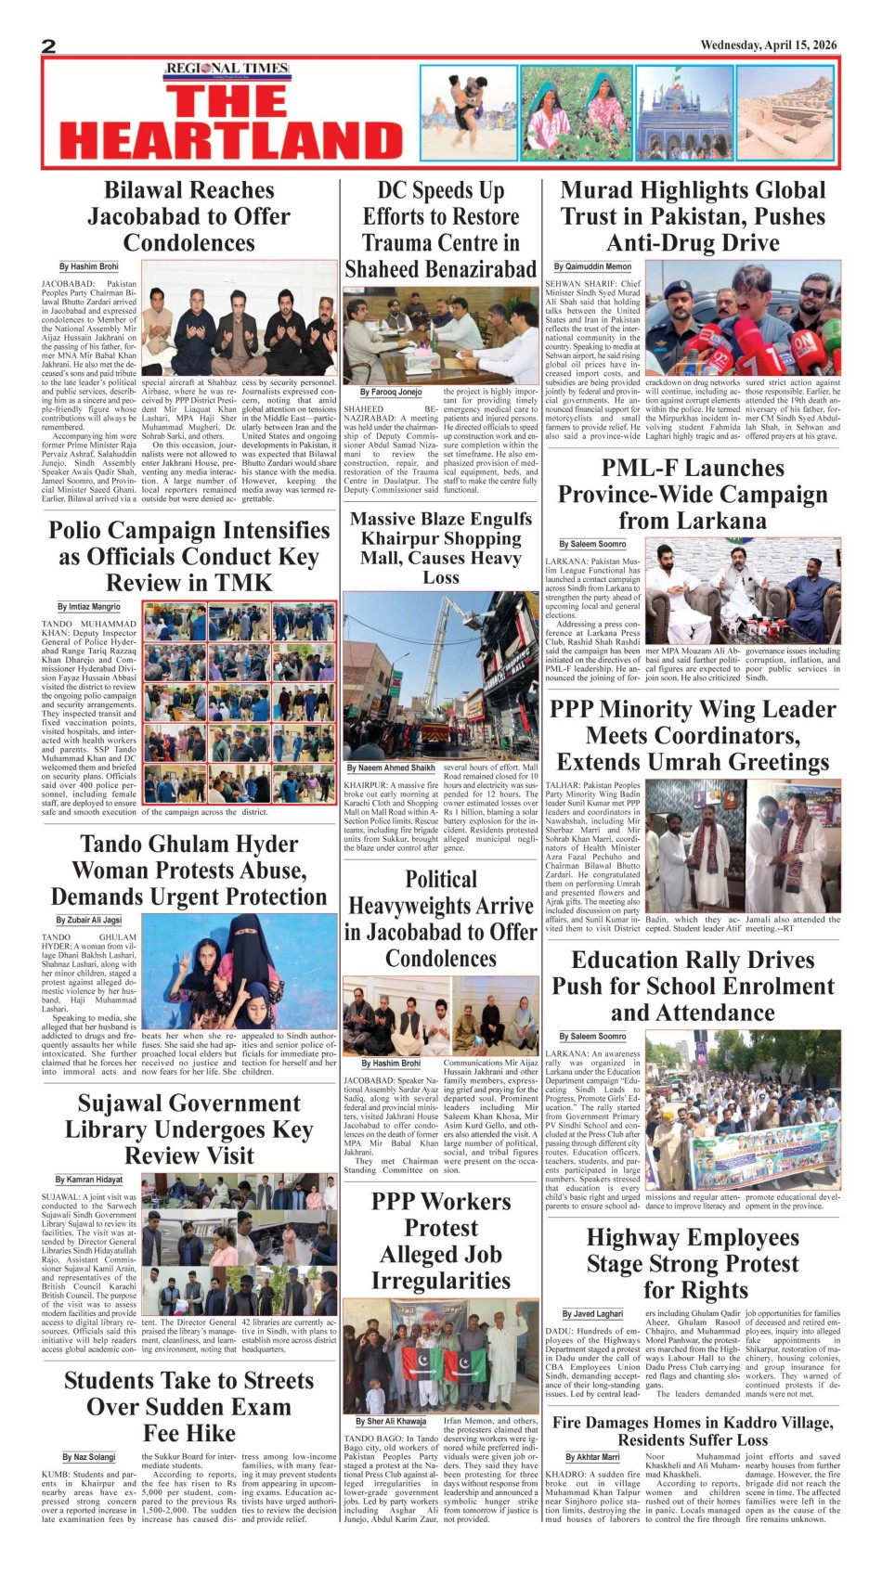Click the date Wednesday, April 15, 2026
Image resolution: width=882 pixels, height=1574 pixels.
coord(768,45)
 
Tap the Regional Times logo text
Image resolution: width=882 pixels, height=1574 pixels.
coord(227,69)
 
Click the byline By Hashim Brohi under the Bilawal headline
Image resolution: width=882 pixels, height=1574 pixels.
coord(89,266)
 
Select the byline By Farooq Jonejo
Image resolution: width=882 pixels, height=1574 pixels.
coord(390,393)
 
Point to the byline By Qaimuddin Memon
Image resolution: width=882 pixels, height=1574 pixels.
coord(592,266)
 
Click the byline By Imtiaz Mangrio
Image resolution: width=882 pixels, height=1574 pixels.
coord(89,607)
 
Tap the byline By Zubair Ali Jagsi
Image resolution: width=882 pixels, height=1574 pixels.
coord(89,920)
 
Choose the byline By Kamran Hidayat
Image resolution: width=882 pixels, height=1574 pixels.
coord(89,1180)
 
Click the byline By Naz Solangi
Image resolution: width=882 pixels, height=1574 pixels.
coord(89,1457)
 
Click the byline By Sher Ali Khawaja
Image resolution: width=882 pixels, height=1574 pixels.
coord(391,1421)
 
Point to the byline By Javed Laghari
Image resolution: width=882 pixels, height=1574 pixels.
coord(592,1314)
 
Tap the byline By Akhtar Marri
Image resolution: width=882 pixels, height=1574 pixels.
coord(592,1457)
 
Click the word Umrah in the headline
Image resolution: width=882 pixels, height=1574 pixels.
coord(704,763)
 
